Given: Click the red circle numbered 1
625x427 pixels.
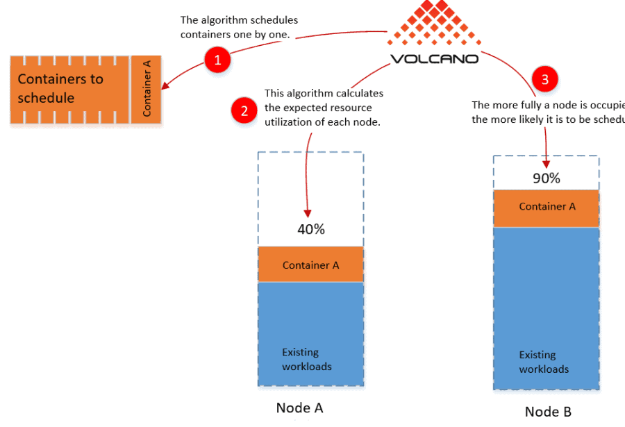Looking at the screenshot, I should [x=217, y=60].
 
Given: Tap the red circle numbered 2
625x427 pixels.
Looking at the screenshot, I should [x=244, y=110].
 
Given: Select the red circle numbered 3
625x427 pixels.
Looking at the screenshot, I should [x=544, y=79].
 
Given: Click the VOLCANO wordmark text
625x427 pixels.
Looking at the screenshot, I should [x=434, y=59].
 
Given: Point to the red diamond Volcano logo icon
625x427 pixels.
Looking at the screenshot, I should [x=435, y=24].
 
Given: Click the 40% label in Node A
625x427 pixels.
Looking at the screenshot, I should [x=310, y=229].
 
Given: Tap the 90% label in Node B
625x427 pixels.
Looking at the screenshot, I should [x=546, y=178].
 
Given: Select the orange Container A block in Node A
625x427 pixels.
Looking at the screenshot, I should [x=310, y=265].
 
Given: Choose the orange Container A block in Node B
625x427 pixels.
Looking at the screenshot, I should [x=546, y=208].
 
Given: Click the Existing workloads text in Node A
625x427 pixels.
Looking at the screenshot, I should [x=306, y=359].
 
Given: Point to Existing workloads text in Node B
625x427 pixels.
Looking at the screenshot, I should [x=544, y=362].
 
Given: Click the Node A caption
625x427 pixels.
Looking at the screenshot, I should [x=299, y=408].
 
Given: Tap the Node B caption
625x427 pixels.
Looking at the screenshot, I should [x=548, y=411].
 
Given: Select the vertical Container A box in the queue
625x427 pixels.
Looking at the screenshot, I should [x=147, y=89].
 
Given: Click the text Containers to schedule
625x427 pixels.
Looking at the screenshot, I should [x=60, y=88].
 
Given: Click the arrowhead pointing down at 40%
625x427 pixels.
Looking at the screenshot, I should [x=308, y=214].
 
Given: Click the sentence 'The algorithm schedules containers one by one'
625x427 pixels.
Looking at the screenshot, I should [x=239, y=27].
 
